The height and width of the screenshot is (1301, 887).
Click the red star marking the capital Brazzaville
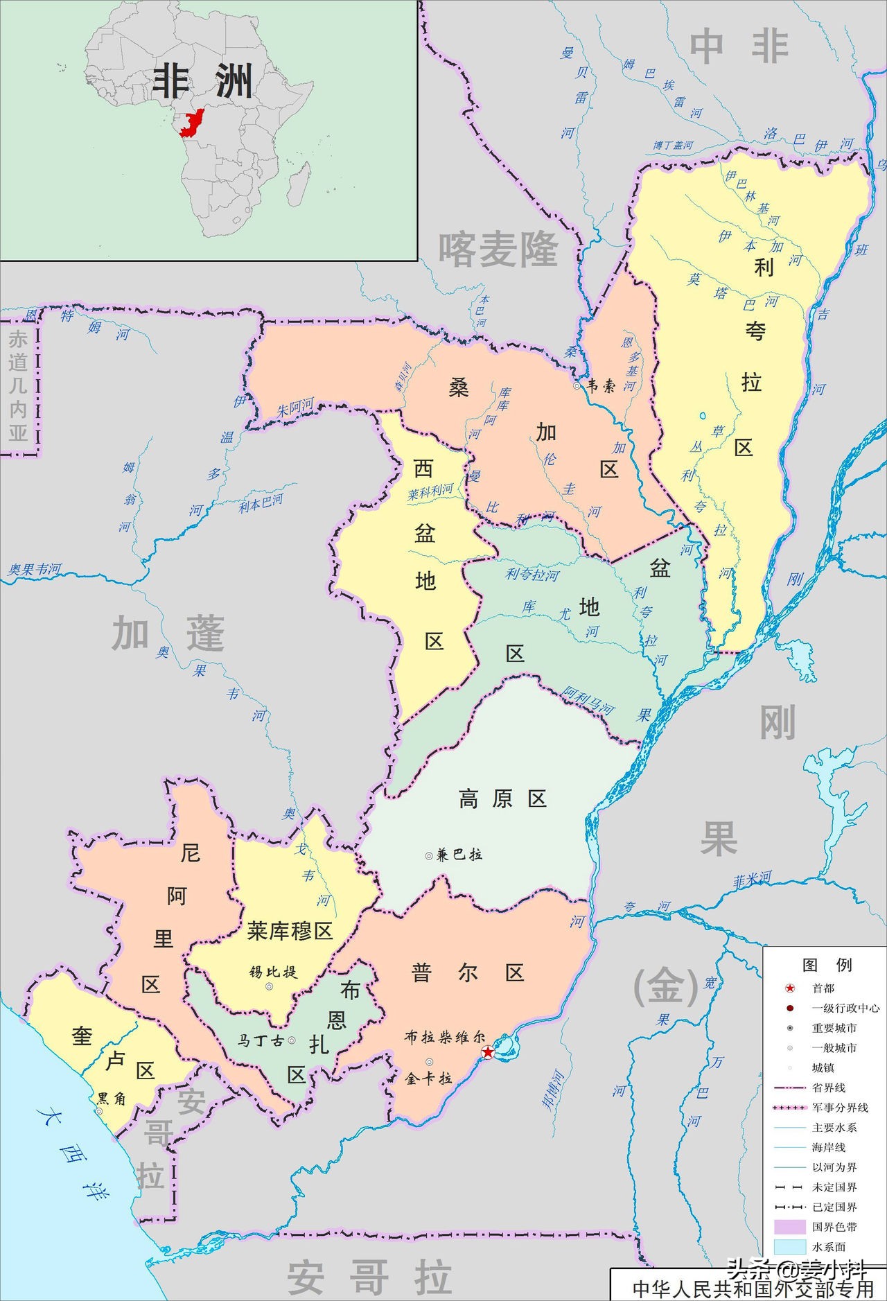point(489,1052)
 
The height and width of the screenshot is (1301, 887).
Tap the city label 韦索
point(601,386)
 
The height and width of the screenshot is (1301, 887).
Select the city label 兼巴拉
point(459,855)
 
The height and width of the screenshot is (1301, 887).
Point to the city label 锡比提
point(273,971)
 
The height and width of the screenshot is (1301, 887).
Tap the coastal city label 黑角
point(111,1099)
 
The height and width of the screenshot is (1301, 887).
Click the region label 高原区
point(502,798)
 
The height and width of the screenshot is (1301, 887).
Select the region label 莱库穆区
point(290,931)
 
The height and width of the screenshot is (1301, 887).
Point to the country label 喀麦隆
point(498,250)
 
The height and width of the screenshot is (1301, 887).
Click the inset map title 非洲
point(202,82)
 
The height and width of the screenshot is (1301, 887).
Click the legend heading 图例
point(826,965)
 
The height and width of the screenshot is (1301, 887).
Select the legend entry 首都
point(823,988)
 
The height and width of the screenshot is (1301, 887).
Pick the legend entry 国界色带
point(834,1227)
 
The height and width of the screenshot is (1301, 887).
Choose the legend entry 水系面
point(829,1247)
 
